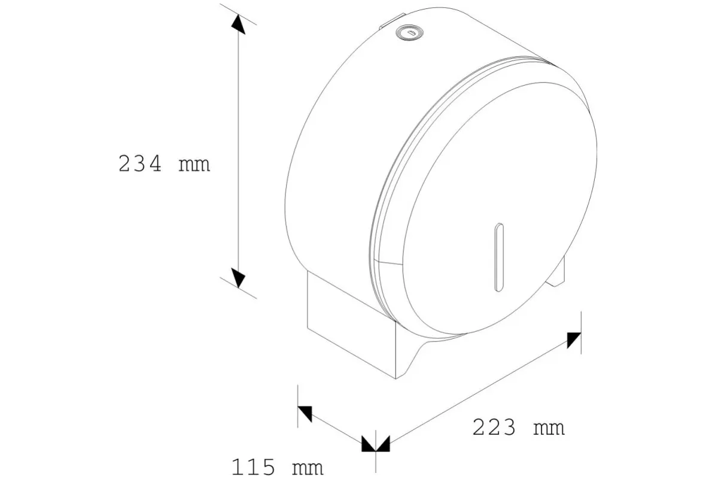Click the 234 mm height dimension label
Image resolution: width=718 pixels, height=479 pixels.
tap(165, 163)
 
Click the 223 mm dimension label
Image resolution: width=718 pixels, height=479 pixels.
tap(518, 428)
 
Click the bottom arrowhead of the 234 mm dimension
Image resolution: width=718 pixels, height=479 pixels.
tap(238, 277)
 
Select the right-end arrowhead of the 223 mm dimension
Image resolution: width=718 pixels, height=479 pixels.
tap(574, 339)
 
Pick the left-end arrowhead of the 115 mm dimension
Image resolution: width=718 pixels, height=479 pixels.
tap(305, 413)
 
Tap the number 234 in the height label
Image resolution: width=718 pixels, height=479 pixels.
tap(140, 163)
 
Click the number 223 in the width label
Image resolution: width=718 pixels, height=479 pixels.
tap(494, 428)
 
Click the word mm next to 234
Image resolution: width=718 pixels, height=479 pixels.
tap(194, 164)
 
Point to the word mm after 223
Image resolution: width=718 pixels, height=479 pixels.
tap(549, 428)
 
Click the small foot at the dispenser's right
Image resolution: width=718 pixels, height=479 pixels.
tap(558, 272)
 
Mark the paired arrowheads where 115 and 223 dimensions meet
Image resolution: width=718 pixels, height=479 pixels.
tap(376, 444)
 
